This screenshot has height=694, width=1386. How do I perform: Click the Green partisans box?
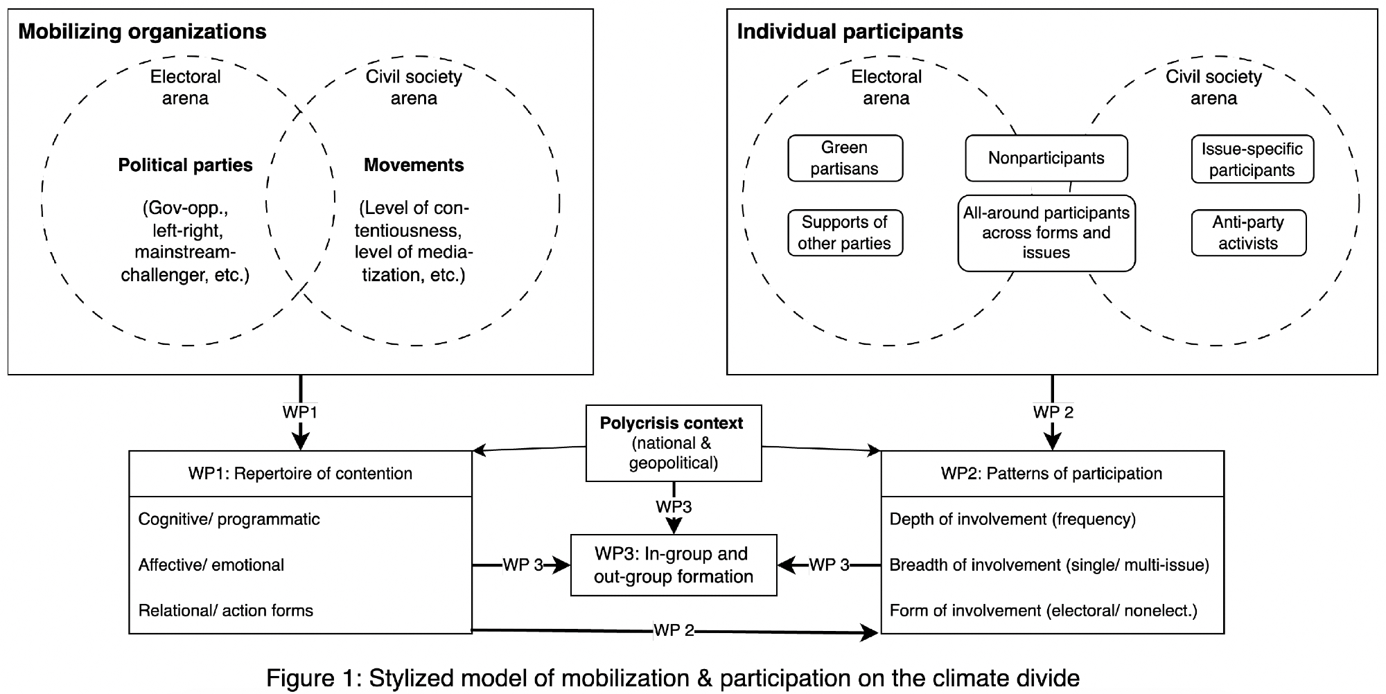(845, 158)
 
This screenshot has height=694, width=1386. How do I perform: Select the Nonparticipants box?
(1046, 158)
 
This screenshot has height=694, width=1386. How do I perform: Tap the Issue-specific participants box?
(1252, 159)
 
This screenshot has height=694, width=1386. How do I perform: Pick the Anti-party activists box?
(1248, 233)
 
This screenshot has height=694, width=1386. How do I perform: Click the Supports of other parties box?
(845, 233)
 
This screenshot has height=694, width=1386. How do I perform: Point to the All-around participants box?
(1046, 233)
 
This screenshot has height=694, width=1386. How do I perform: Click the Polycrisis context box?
(673, 443)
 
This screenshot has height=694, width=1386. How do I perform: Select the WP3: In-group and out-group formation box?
(673, 565)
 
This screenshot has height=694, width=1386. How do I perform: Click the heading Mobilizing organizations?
(142, 32)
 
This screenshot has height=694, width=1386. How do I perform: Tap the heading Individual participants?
(850, 32)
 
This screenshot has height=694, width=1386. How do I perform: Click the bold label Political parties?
(185, 165)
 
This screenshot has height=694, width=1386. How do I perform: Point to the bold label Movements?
(414, 165)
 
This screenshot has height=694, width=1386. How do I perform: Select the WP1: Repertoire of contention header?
(300, 474)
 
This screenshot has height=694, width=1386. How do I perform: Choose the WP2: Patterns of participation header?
(1051, 474)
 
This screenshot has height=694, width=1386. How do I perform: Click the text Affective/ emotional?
(211, 565)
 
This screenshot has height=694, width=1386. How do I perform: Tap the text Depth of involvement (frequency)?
(1012, 519)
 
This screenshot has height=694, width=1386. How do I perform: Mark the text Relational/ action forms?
(225, 611)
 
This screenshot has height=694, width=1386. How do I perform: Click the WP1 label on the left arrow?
(300, 412)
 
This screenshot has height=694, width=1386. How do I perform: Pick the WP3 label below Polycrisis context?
(674, 507)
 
